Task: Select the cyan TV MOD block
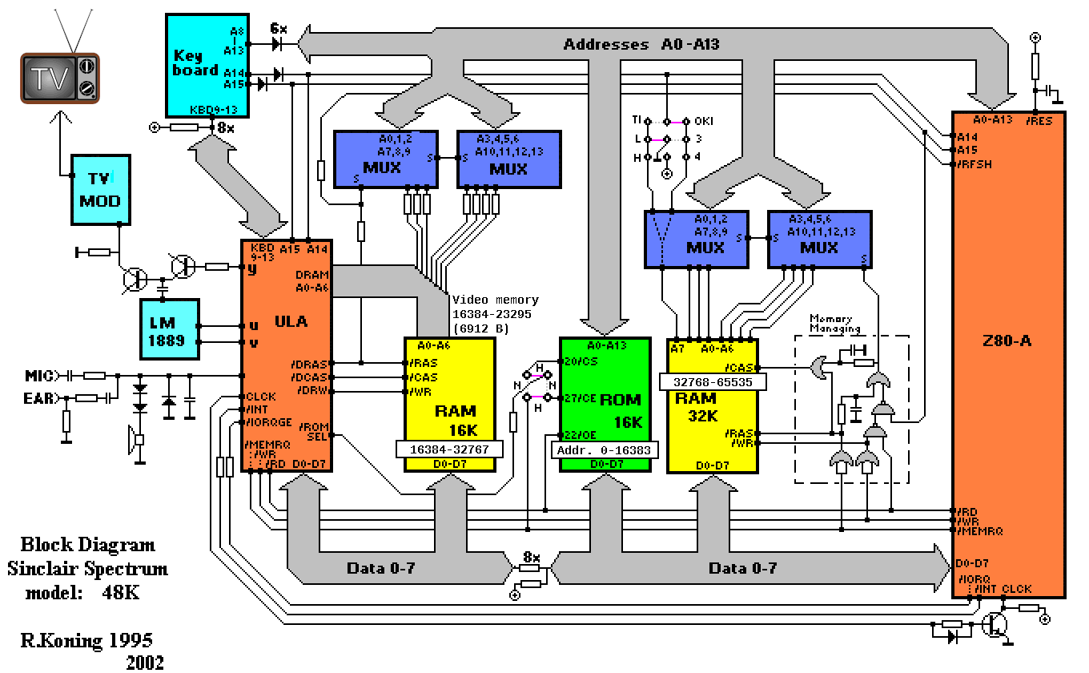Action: click(99, 189)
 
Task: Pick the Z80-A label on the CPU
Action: click(1008, 341)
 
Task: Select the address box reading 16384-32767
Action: click(448, 449)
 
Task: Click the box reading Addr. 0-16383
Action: click(605, 450)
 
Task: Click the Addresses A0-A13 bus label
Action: click(641, 45)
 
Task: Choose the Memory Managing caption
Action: click(835, 323)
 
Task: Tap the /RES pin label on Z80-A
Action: click(1042, 121)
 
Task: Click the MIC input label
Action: click(38, 374)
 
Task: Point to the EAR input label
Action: click(38, 397)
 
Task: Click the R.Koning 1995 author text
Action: click(86, 640)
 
